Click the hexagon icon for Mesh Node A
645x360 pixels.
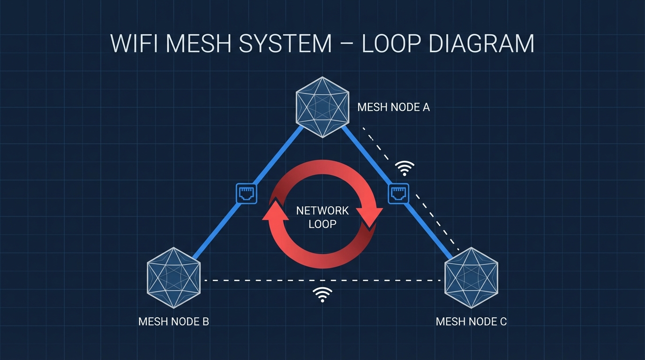(x=322, y=107)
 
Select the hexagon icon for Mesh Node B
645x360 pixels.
(x=174, y=277)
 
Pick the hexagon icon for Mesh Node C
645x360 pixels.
(x=471, y=277)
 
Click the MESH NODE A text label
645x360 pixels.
(x=393, y=107)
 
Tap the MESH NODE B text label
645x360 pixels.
(x=173, y=322)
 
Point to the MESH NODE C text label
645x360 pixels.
(x=471, y=322)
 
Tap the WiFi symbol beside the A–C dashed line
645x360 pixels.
(x=405, y=168)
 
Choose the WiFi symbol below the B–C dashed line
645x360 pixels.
(x=322, y=295)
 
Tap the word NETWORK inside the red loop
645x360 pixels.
(x=322, y=211)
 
